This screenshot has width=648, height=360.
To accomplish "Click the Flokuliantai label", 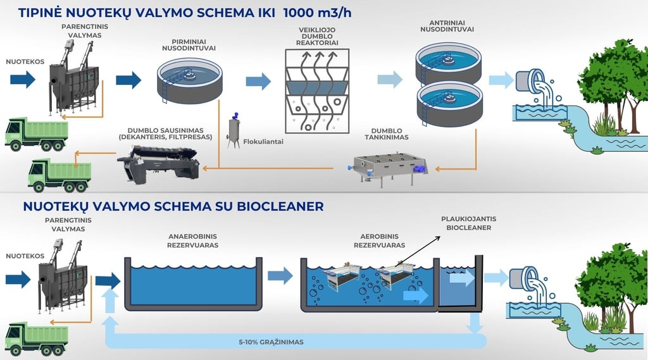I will pyautogui.click(x=263, y=142).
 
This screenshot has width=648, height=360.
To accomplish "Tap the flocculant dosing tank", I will pyautogui.click(x=235, y=129).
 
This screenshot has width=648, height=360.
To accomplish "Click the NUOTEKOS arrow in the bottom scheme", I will pyautogui.click(x=19, y=278).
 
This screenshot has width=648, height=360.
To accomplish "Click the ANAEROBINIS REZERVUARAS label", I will pyautogui.click(x=192, y=240).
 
